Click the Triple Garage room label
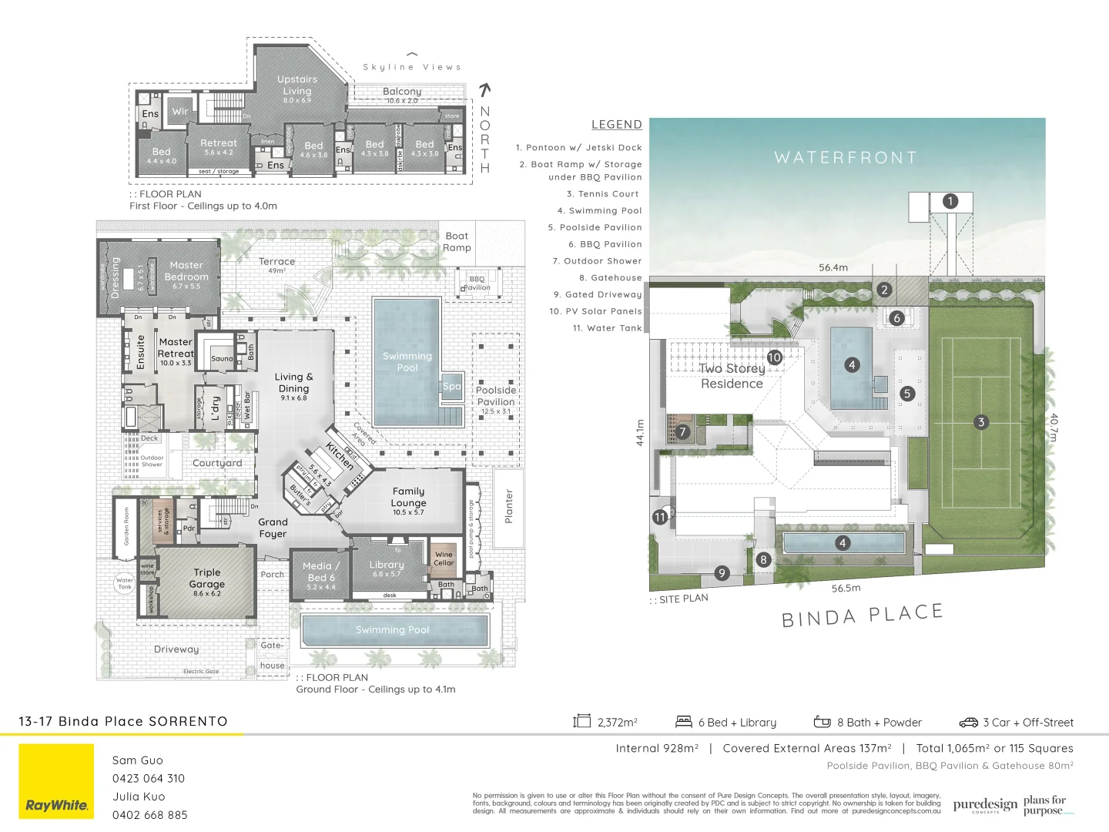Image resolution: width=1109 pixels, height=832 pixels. point(206,579)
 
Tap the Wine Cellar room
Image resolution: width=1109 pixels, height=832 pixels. point(444,559)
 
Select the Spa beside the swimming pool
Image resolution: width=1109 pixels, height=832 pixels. point(451,387)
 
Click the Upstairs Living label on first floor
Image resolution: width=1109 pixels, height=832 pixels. point(297,85)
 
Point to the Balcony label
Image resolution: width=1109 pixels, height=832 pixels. point(402,92)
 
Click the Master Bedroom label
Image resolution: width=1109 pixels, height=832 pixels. point(186,271)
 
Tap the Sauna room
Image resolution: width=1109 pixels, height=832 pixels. point(222,359)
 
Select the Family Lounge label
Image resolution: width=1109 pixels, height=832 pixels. point(408,497)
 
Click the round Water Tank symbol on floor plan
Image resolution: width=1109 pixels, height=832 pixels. point(124,583)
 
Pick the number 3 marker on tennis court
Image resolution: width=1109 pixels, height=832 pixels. point(980,422)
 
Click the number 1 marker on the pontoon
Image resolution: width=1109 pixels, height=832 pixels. point(950,202)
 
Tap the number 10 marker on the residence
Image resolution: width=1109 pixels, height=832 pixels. point(774,357)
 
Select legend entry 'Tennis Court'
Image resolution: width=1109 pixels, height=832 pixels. point(604,194)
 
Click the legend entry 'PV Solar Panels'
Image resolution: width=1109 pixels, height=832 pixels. point(595,311)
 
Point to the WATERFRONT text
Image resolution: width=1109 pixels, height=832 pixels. point(846,158)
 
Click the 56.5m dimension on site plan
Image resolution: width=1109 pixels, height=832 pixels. point(846,588)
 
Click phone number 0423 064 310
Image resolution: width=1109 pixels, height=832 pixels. point(149,778)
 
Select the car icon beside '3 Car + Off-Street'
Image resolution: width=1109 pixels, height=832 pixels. point(968,723)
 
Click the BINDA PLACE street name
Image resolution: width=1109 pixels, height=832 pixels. point(862,616)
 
